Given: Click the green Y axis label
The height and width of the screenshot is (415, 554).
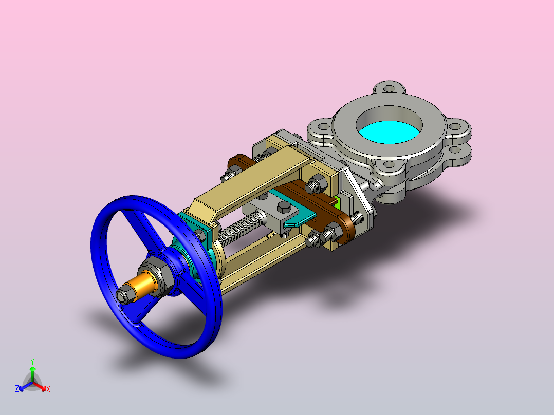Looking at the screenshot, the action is [x=32, y=361].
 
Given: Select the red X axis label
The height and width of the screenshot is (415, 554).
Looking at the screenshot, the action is [x=48, y=389].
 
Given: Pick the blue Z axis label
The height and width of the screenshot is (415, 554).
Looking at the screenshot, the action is [x=16, y=389].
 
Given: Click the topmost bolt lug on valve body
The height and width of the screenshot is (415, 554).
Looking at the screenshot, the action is [x=389, y=88].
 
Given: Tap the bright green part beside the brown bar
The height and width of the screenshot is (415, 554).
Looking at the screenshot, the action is [x=338, y=202].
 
